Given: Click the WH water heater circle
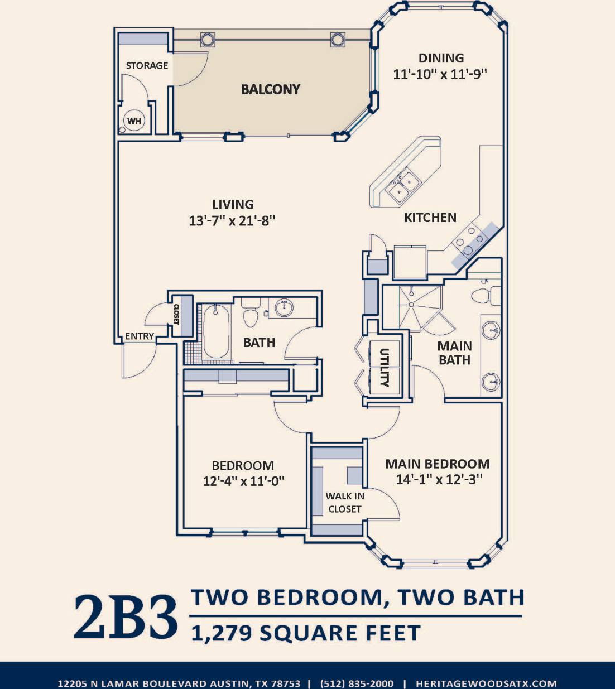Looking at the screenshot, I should pyautogui.click(x=134, y=121).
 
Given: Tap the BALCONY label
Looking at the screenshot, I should pyautogui.click(x=270, y=89).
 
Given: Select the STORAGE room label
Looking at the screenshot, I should pyautogui.click(x=147, y=65).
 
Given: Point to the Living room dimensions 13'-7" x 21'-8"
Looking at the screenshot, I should pyautogui.click(x=232, y=220).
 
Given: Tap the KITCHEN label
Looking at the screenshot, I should pyautogui.click(x=430, y=218).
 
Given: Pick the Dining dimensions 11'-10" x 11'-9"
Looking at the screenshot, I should pyautogui.click(x=440, y=74).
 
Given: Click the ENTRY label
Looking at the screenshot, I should pyautogui.click(x=139, y=336).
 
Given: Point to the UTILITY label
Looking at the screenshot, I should pyautogui.click(x=384, y=367).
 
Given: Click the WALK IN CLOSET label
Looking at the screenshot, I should pyautogui.click(x=345, y=502).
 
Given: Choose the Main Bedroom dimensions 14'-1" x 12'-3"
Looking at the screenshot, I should pyautogui.click(x=439, y=479).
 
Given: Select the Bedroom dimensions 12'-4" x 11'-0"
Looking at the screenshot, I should pyautogui.click(x=243, y=481).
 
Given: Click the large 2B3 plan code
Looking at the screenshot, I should pyautogui.click(x=126, y=617).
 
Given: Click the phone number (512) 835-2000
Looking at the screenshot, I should pyautogui.click(x=357, y=683).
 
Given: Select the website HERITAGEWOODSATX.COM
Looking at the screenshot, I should pyautogui.click(x=486, y=683).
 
